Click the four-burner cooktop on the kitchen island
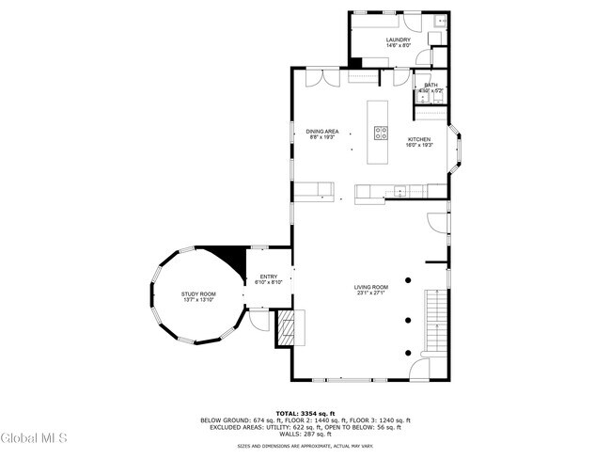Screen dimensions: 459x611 (381, 133)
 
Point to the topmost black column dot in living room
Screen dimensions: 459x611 (409, 279)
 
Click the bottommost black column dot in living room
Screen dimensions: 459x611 (409, 352)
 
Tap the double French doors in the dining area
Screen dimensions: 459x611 (321, 76)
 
